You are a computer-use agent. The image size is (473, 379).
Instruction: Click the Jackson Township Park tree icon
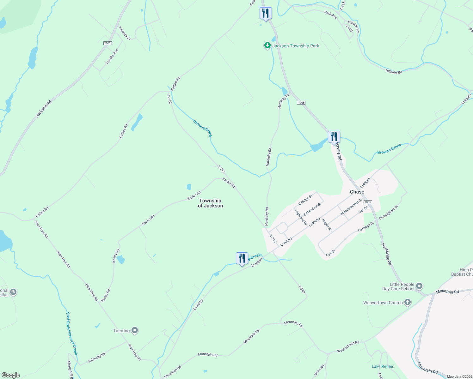267,46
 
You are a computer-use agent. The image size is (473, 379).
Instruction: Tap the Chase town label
357,192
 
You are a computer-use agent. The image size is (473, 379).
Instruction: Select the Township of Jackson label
210,203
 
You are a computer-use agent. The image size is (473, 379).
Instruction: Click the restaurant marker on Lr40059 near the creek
242,258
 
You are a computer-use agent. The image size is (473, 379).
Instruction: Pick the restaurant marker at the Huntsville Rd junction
334,137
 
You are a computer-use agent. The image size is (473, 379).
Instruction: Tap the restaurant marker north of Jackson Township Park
266,13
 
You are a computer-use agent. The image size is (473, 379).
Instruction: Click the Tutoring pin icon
135,331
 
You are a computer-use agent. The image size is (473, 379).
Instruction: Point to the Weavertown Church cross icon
408,303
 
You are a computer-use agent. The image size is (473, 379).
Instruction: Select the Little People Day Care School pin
419,286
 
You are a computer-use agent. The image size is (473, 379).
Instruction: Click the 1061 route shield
107,43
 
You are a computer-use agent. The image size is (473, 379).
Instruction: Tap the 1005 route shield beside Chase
367,202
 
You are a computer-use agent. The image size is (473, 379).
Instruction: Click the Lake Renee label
382,366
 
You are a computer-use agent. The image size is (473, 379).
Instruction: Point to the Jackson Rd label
43,109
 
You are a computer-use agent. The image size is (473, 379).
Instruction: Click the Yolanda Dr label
125,33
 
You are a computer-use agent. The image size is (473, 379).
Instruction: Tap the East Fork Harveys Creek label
72,334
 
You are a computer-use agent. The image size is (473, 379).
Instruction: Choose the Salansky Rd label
96,357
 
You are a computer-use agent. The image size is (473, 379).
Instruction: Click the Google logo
11,375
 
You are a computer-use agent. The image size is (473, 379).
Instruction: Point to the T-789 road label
302,289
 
